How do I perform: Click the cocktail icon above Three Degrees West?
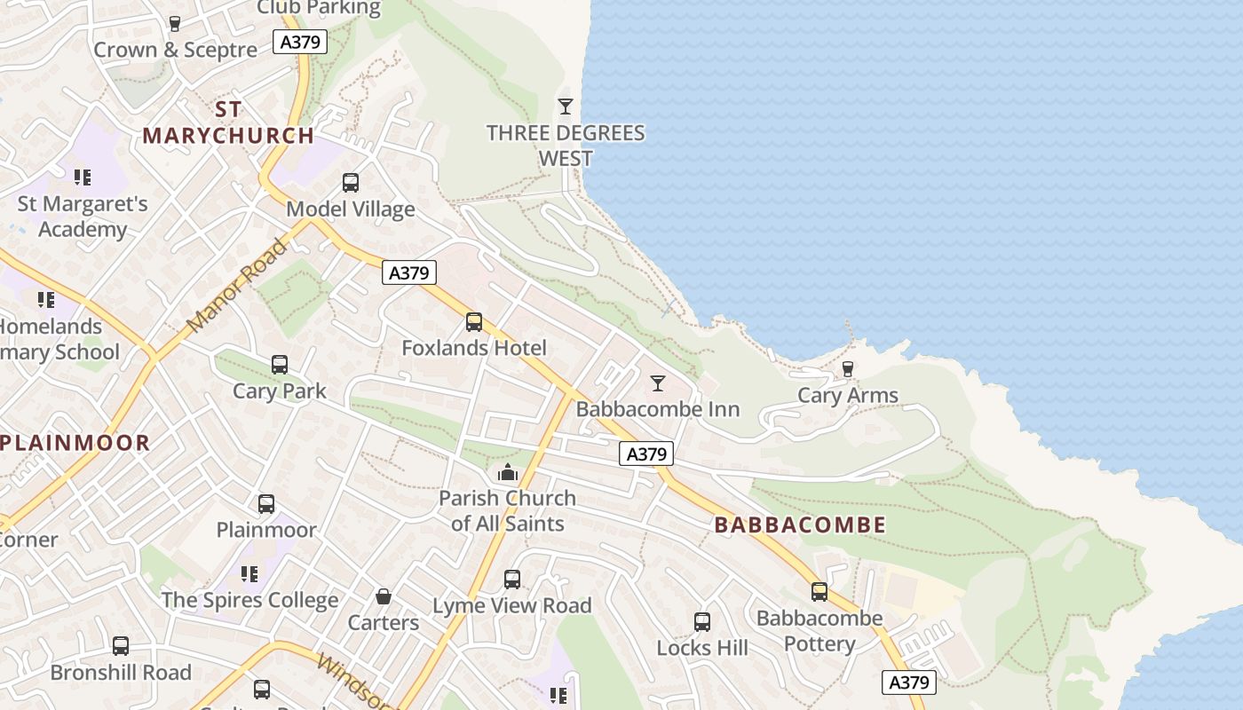[565, 106]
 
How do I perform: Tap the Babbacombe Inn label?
[657, 409]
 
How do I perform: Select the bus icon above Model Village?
[351, 183]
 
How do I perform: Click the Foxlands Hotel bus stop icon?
[474, 322]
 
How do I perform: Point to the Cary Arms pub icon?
[847, 369]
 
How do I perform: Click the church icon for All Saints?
[508, 472]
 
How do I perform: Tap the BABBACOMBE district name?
[800, 525]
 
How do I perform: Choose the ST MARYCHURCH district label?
[228, 122]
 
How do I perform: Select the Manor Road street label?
[237, 286]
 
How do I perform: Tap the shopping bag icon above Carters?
[384, 596]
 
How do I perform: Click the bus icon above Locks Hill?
[702, 622]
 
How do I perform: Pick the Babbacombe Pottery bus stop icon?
[819, 592]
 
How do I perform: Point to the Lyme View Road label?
[511, 606]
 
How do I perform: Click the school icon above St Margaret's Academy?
[83, 177]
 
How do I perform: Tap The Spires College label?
[249, 601]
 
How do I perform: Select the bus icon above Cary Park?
[280, 365]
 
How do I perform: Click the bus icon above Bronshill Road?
[121, 646]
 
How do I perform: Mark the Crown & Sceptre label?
[175, 50]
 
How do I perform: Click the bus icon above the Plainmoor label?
[266, 504]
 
